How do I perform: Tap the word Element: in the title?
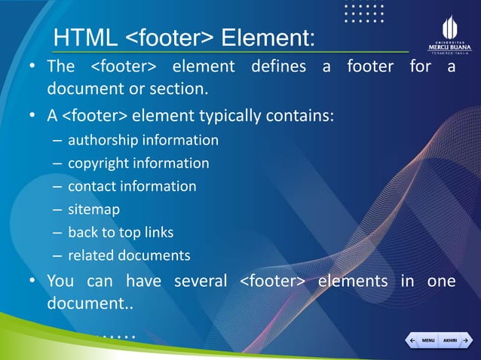268,38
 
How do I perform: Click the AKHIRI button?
449,341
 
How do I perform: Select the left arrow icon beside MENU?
411,341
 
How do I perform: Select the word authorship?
101,140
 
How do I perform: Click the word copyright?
97,163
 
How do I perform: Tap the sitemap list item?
93,209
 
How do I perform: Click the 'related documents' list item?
129,255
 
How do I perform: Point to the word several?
201,281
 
